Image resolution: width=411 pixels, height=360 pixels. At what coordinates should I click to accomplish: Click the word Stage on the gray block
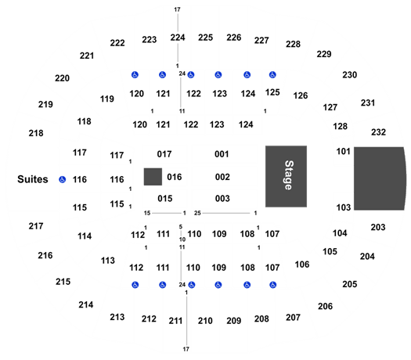point(289,175)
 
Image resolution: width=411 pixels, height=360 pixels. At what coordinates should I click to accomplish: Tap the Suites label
point(33,179)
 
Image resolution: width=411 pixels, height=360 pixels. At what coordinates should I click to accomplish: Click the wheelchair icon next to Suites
point(62,179)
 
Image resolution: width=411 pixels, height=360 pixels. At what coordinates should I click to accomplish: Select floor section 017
point(164,154)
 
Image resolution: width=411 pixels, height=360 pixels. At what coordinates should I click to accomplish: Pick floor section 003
point(222,198)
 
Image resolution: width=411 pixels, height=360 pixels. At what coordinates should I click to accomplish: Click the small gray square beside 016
point(153,177)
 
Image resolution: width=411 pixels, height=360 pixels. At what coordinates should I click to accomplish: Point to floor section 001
point(222,154)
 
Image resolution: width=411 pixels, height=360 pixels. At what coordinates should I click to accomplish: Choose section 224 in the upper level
point(178,38)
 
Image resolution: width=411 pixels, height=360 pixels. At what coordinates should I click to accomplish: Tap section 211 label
point(175,321)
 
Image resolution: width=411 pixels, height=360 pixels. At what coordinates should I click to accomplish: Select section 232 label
point(378,132)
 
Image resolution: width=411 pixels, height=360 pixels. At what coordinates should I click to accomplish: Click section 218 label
point(36,133)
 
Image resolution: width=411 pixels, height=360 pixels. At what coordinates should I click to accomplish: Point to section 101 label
point(344,152)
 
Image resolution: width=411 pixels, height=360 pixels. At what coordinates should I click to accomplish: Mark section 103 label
point(344,207)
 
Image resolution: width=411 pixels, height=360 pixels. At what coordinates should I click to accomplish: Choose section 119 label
point(107,99)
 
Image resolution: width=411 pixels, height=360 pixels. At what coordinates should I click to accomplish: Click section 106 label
point(302,265)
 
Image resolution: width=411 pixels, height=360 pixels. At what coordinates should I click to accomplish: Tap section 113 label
point(108,261)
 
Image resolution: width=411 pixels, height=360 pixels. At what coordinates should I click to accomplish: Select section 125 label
point(272,92)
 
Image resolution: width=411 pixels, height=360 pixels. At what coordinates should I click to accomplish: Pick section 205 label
point(350,284)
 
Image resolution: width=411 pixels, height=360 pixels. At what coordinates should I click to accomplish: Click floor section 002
point(222,177)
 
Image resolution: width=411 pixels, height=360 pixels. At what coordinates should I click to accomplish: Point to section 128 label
point(341,126)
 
